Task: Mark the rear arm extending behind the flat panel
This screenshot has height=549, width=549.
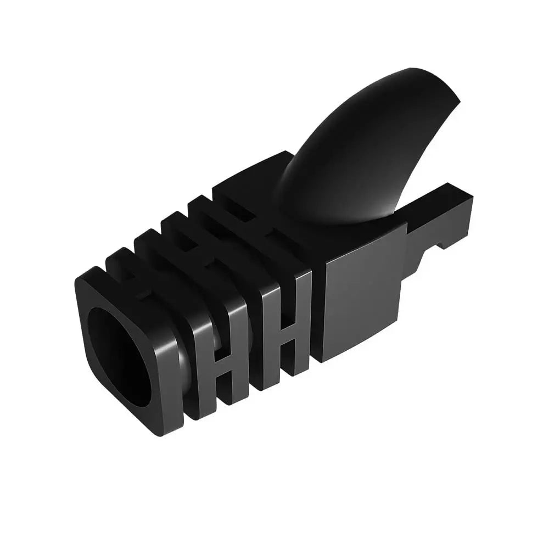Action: click(x=439, y=220)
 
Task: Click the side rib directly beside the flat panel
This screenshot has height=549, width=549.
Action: click(x=305, y=324)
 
